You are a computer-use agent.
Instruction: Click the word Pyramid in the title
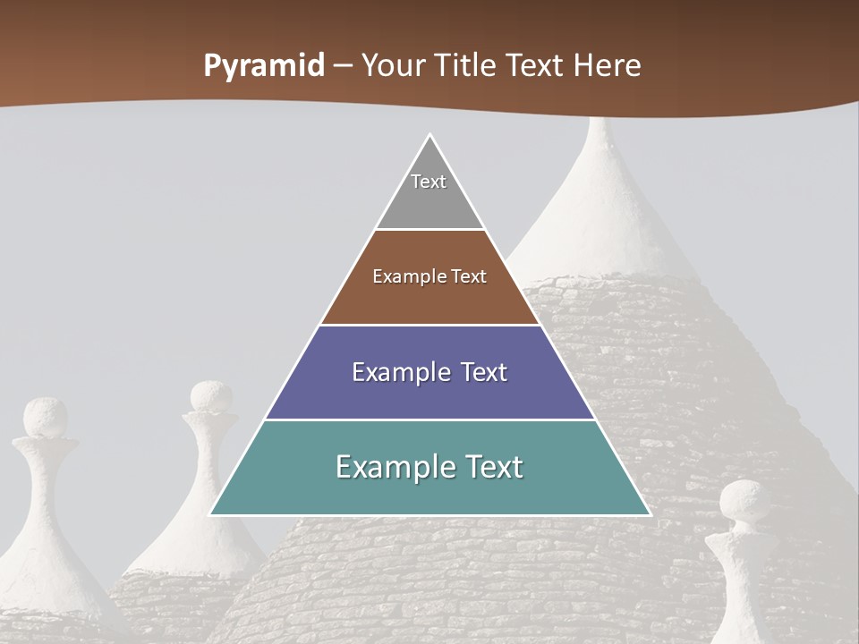click(x=264, y=66)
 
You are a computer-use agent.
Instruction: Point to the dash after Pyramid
click(x=343, y=67)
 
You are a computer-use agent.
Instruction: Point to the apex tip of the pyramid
click(x=429, y=136)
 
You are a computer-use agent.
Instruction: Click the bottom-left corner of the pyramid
click(x=212, y=513)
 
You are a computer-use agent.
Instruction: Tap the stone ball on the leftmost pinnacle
click(x=45, y=418)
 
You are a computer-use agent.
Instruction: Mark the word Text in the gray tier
click(x=429, y=182)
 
